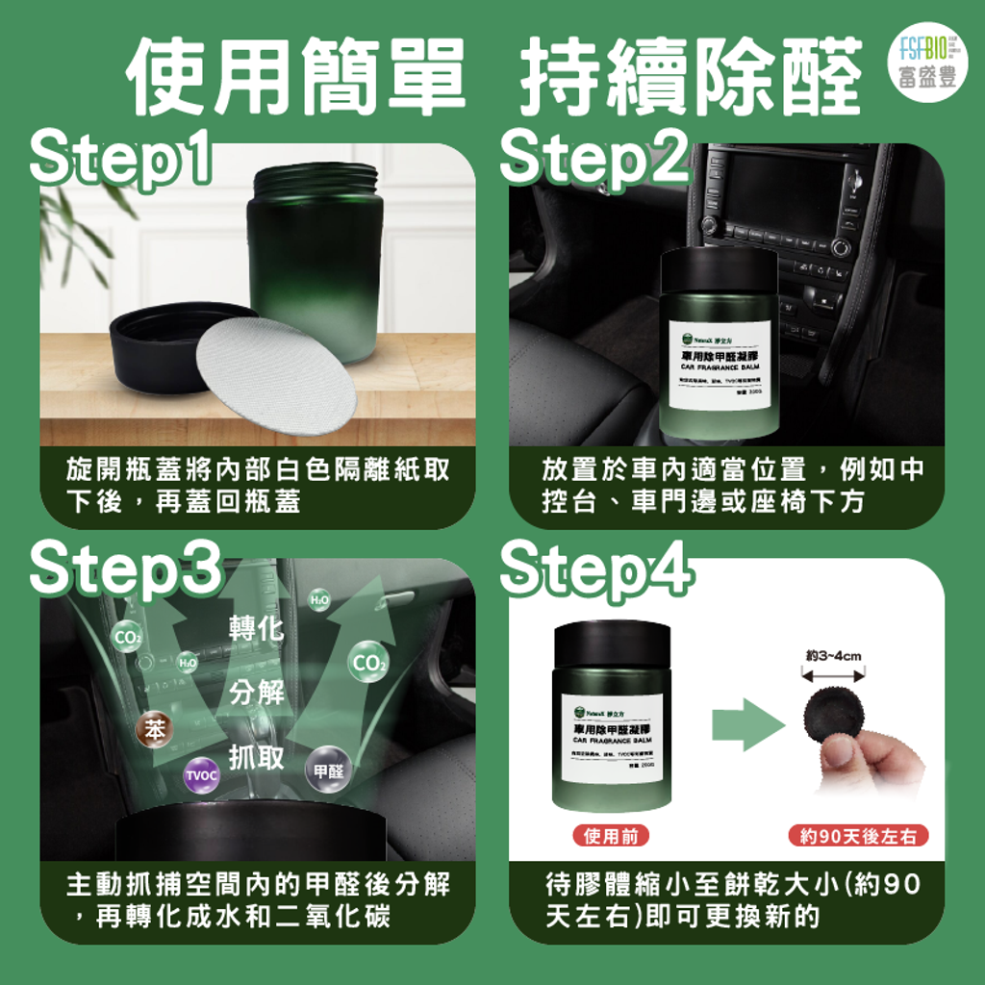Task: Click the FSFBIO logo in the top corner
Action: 921,63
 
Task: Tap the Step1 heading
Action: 121,160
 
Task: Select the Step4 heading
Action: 595,572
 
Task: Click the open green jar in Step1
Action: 315,260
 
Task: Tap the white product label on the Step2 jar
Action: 720,366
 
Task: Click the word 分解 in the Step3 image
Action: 257,692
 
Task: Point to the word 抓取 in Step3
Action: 257,757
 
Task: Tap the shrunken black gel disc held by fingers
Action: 833,715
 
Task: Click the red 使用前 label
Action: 611,836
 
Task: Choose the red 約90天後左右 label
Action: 858,836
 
